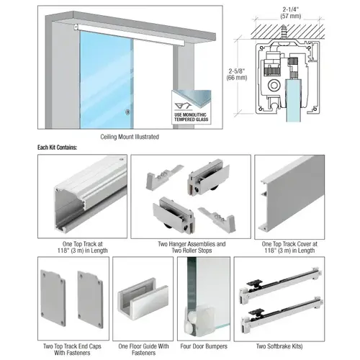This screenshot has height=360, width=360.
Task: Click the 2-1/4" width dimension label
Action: pos(291,13)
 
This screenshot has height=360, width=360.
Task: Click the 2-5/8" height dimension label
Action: pos(237,74)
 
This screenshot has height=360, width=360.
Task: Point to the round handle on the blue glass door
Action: pos(127,112)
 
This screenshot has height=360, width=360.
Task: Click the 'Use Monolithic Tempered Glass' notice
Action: pos(192,107)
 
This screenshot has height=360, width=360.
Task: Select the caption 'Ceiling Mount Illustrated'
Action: pos(130,137)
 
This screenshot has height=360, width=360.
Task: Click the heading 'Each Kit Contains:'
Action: pos(57,148)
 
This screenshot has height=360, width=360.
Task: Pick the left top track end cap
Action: pos(53,298)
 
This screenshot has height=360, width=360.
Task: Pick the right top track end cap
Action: pos(91,300)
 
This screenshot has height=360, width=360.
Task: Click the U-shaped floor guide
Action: pos(143,300)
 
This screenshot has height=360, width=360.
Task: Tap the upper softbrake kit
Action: pos(280,285)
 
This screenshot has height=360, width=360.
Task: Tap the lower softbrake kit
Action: pos(282,315)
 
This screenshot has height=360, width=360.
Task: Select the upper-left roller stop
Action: pos(164,177)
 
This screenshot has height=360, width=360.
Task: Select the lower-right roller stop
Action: pos(217,220)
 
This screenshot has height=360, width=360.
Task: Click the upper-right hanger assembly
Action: pos(209,177)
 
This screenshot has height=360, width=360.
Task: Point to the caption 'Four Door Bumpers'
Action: pos(204,346)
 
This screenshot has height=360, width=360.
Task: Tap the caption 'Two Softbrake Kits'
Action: pos(279,346)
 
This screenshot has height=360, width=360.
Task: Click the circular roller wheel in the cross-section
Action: pos(274,85)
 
